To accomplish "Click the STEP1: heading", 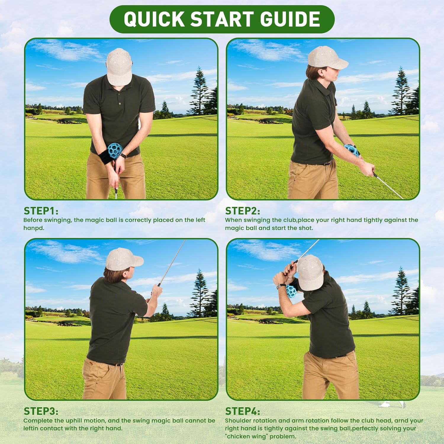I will tap(41, 211).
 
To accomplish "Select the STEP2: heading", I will tap(242, 211).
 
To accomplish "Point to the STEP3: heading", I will tap(41, 411).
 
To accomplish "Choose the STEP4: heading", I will tap(242, 411).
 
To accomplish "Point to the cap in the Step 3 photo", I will tap(123, 260).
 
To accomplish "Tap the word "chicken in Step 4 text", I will tap(237, 436).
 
